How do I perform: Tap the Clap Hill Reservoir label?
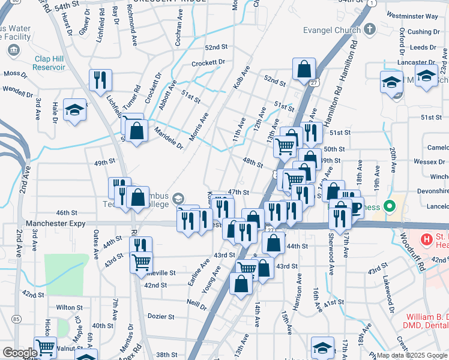click(49, 63)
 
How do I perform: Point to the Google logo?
click(19, 353)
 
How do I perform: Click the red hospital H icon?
click(427, 239)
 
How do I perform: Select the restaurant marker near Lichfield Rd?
click(100, 80)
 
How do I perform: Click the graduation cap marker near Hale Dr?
click(75, 110)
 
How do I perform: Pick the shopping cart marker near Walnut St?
click(46, 347)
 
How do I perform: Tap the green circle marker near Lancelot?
click(389, 207)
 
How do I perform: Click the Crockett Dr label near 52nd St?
click(208, 62)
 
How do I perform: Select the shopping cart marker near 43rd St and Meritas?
click(142, 262)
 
